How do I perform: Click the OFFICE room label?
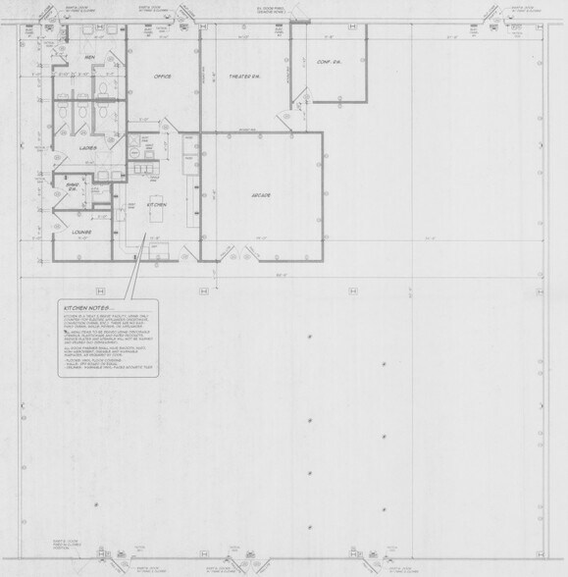point(162,76)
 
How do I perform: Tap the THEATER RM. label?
point(243,76)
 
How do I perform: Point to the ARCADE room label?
point(259,195)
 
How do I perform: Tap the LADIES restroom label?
point(87,148)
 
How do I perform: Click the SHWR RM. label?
point(72,186)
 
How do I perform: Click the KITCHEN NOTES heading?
point(86,309)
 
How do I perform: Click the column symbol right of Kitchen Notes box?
point(203,291)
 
